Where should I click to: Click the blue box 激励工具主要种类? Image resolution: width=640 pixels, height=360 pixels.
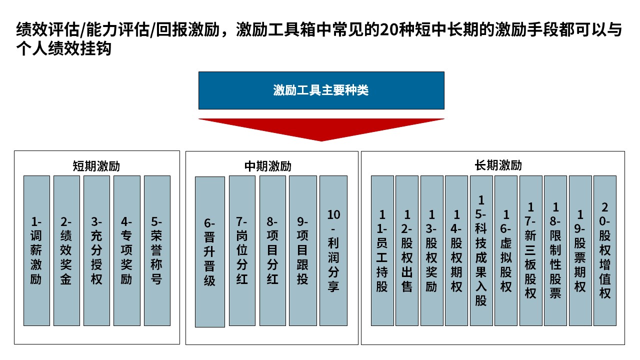point(321,90)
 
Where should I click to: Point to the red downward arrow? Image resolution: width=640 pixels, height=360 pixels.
point(321,129)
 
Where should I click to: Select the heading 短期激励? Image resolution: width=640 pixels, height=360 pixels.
point(96,166)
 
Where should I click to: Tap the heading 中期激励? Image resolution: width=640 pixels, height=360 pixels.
point(267,166)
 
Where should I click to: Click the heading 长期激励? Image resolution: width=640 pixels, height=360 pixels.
point(498,165)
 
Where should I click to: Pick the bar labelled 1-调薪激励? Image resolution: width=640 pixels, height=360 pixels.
point(36,251)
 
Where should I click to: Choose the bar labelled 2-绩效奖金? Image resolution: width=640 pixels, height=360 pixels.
point(66,251)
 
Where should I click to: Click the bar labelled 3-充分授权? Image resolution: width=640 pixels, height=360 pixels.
point(96,251)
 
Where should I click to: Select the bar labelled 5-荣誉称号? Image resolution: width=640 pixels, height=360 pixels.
point(157,251)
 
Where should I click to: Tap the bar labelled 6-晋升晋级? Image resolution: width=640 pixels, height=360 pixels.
point(210,252)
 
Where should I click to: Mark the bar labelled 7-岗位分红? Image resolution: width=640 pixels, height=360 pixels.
point(242,251)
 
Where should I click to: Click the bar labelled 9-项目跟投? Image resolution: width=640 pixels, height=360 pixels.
point(303,251)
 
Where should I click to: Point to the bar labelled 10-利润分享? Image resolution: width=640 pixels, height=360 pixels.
point(333,251)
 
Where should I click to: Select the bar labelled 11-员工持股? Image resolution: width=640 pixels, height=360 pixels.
point(382,251)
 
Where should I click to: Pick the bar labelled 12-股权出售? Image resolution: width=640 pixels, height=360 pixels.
point(407,251)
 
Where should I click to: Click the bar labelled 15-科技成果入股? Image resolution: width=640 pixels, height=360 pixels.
point(481,251)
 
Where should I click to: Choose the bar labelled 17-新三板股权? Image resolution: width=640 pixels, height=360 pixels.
point(531,251)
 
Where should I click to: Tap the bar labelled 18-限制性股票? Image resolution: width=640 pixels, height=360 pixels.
point(555,251)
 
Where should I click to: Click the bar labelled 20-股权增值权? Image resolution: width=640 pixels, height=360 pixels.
point(605,251)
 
